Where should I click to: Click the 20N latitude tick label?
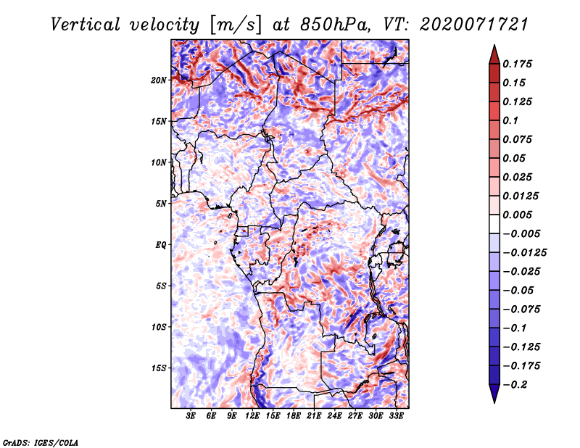[159, 80]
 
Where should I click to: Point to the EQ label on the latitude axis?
[161, 245]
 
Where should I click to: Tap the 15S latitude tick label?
[159, 368]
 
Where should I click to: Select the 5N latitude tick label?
[161, 204]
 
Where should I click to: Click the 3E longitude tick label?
[191, 416]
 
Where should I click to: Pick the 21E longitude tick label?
[314, 416]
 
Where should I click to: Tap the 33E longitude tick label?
[396, 416]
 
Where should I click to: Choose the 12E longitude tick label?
[252, 416]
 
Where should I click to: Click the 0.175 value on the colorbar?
[517, 64]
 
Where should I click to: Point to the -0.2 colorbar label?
[515, 385]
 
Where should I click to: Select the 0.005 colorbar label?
[517, 215]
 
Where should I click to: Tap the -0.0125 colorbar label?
[524, 253]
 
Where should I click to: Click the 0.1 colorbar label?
[510, 120]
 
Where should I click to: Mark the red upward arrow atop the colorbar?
[494, 55]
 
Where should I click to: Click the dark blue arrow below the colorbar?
[494, 394]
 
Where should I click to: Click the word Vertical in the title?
[86, 25]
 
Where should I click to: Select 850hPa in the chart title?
[335, 25]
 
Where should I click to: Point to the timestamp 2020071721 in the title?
[473, 25]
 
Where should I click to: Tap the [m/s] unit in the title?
[235, 25]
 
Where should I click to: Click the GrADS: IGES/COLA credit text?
[41, 442]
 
